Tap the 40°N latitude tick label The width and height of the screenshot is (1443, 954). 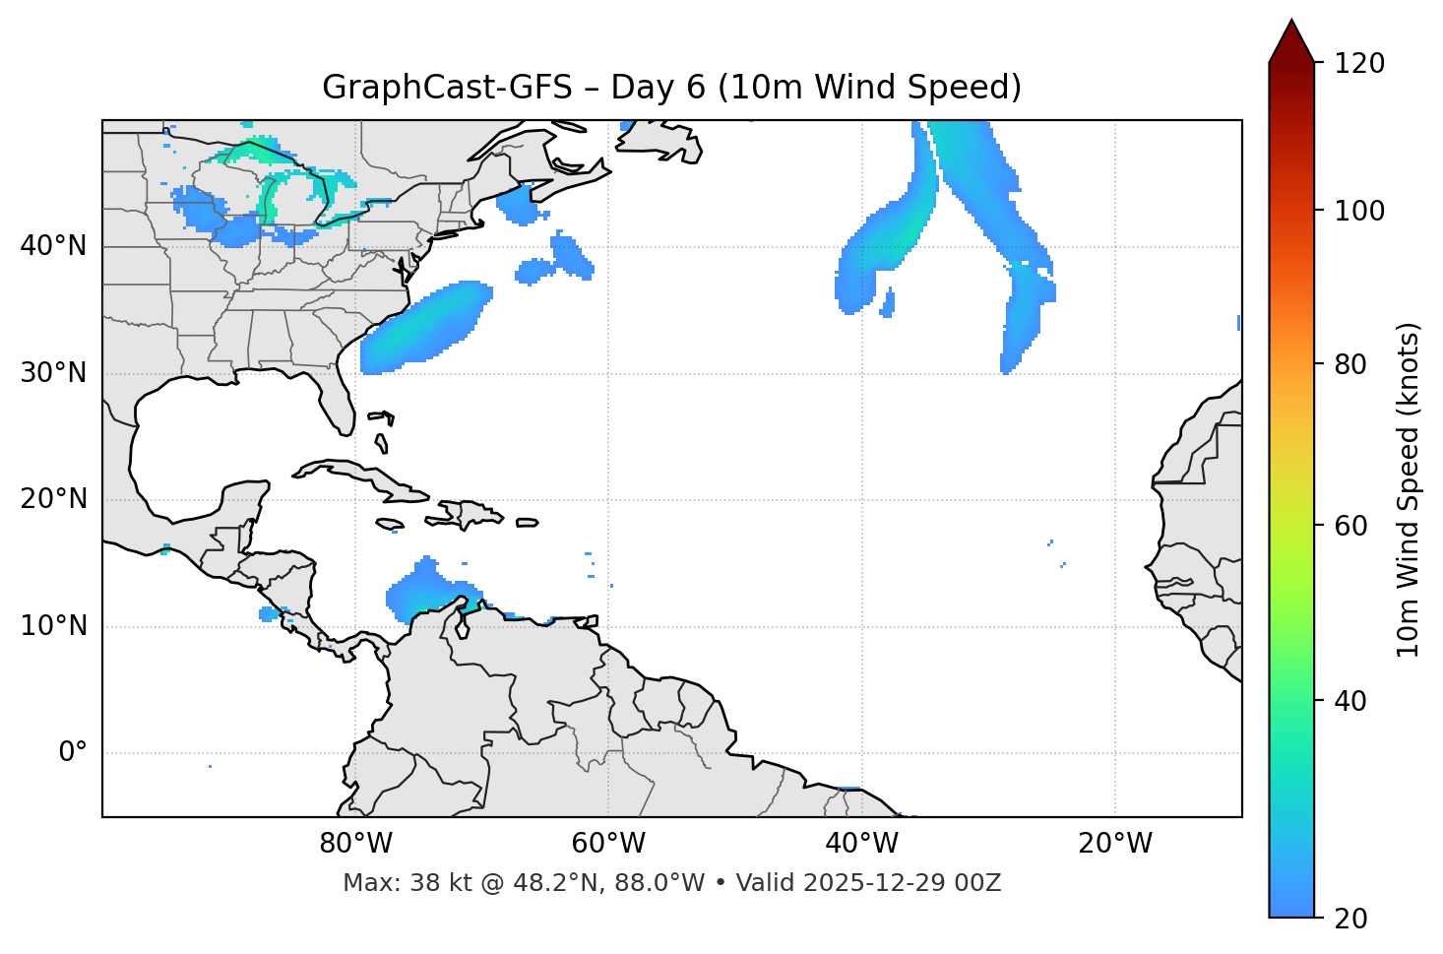pos(53,246)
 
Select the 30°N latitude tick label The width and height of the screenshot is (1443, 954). pos(53,373)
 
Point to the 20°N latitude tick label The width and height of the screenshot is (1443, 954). pos(53,499)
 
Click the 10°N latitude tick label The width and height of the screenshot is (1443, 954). pos(53,626)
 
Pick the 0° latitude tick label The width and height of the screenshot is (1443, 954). pos(72,753)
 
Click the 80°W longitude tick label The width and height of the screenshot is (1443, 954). pos(355,844)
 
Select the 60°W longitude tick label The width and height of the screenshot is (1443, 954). pos(608,844)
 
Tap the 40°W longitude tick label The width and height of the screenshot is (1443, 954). pos(861,844)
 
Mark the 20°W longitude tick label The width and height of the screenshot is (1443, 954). pos(1114,844)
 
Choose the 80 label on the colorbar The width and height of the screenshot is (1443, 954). pos(1350,364)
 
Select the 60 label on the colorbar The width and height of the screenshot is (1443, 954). pos(1350,526)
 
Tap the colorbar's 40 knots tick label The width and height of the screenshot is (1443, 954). pos(1350,701)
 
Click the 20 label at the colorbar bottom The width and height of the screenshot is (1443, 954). pos(1350,919)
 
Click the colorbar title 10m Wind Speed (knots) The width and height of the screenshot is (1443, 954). pos(1409,489)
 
